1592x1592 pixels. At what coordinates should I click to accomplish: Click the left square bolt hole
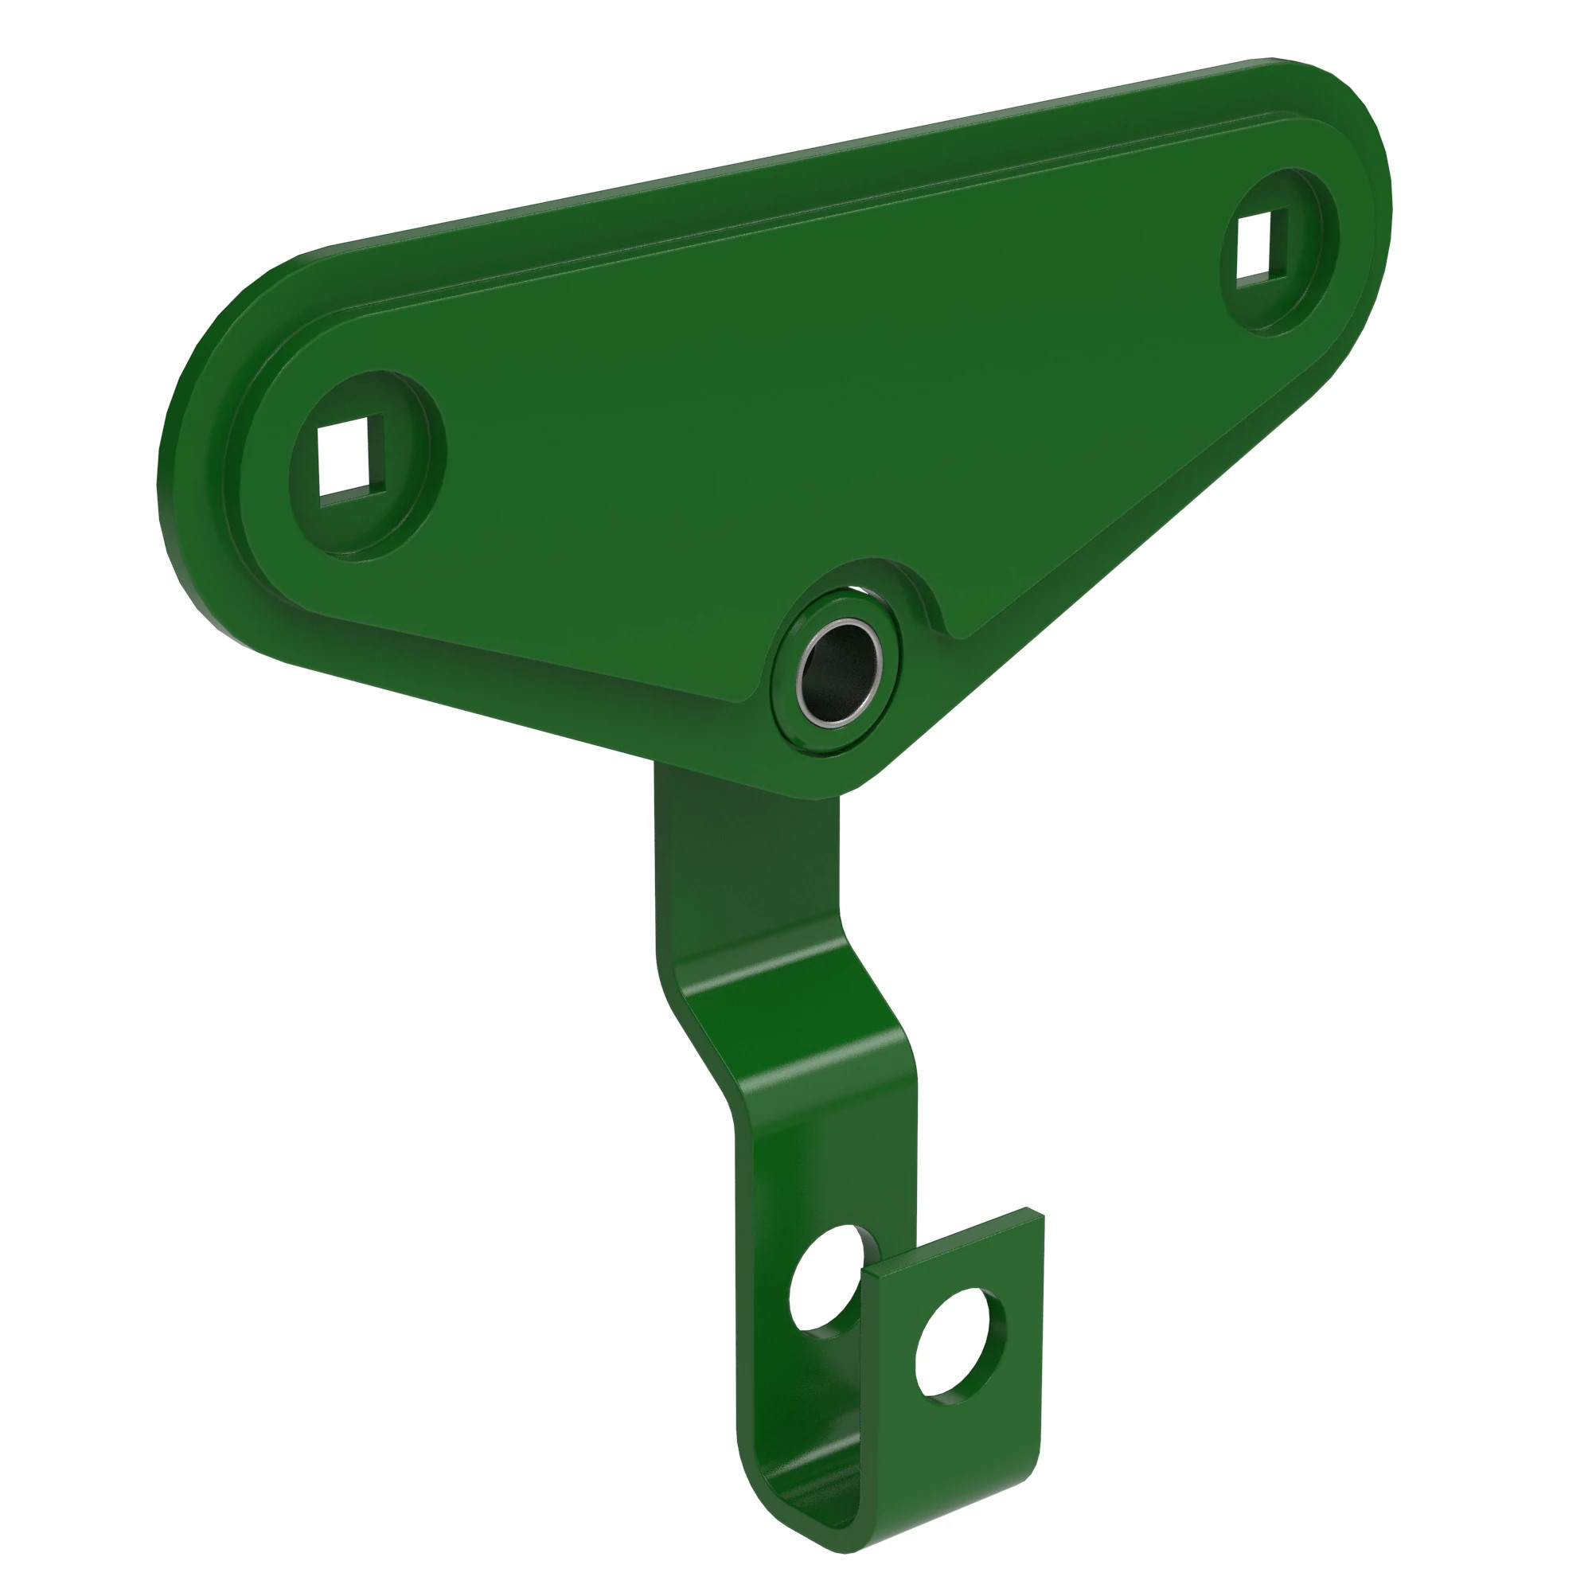click(x=350, y=458)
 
